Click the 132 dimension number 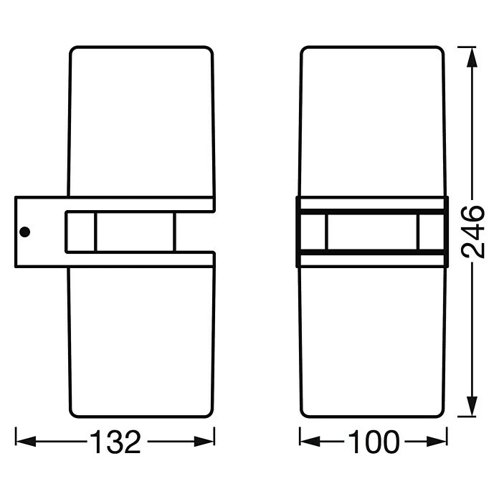click(x=115, y=442)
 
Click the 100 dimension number click(x=374, y=442)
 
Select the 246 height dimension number click(x=472, y=232)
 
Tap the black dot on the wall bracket click(x=25, y=232)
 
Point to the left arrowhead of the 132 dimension click(x=26, y=442)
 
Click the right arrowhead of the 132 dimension click(x=204, y=442)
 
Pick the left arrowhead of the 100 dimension click(x=310, y=442)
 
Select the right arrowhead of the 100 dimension click(x=437, y=442)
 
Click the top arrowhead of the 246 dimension click(x=472, y=57)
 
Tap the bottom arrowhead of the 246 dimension click(x=472, y=406)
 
